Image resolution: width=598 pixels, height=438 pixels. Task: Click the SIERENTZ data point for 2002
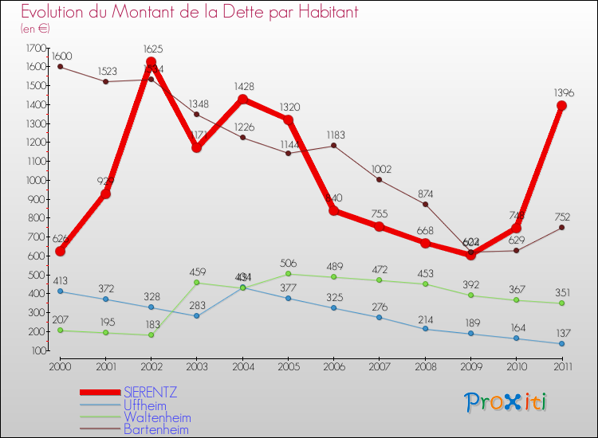point(151,62)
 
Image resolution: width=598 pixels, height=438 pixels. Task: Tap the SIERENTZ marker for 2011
point(561,105)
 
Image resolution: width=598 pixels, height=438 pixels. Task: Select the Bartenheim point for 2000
point(60,67)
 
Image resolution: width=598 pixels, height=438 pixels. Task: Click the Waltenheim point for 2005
point(288,274)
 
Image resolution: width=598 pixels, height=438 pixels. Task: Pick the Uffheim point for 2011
point(561,344)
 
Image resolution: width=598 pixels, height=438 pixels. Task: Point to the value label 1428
point(242,86)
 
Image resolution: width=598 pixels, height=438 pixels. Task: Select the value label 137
point(561,332)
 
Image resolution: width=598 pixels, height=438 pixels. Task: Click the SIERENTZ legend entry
point(151,393)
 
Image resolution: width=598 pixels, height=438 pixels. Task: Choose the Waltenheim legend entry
point(157,417)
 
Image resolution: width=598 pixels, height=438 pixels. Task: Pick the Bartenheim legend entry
point(157,429)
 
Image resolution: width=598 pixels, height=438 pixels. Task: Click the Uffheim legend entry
point(145,405)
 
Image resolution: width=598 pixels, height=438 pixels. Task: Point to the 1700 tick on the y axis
point(36,48)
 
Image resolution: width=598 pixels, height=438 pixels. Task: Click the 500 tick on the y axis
point(37,275)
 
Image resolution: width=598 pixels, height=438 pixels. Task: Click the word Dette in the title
point(221,13)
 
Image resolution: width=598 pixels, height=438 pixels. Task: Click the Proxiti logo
point(506,402)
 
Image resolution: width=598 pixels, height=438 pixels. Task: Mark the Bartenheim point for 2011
point(561,228)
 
